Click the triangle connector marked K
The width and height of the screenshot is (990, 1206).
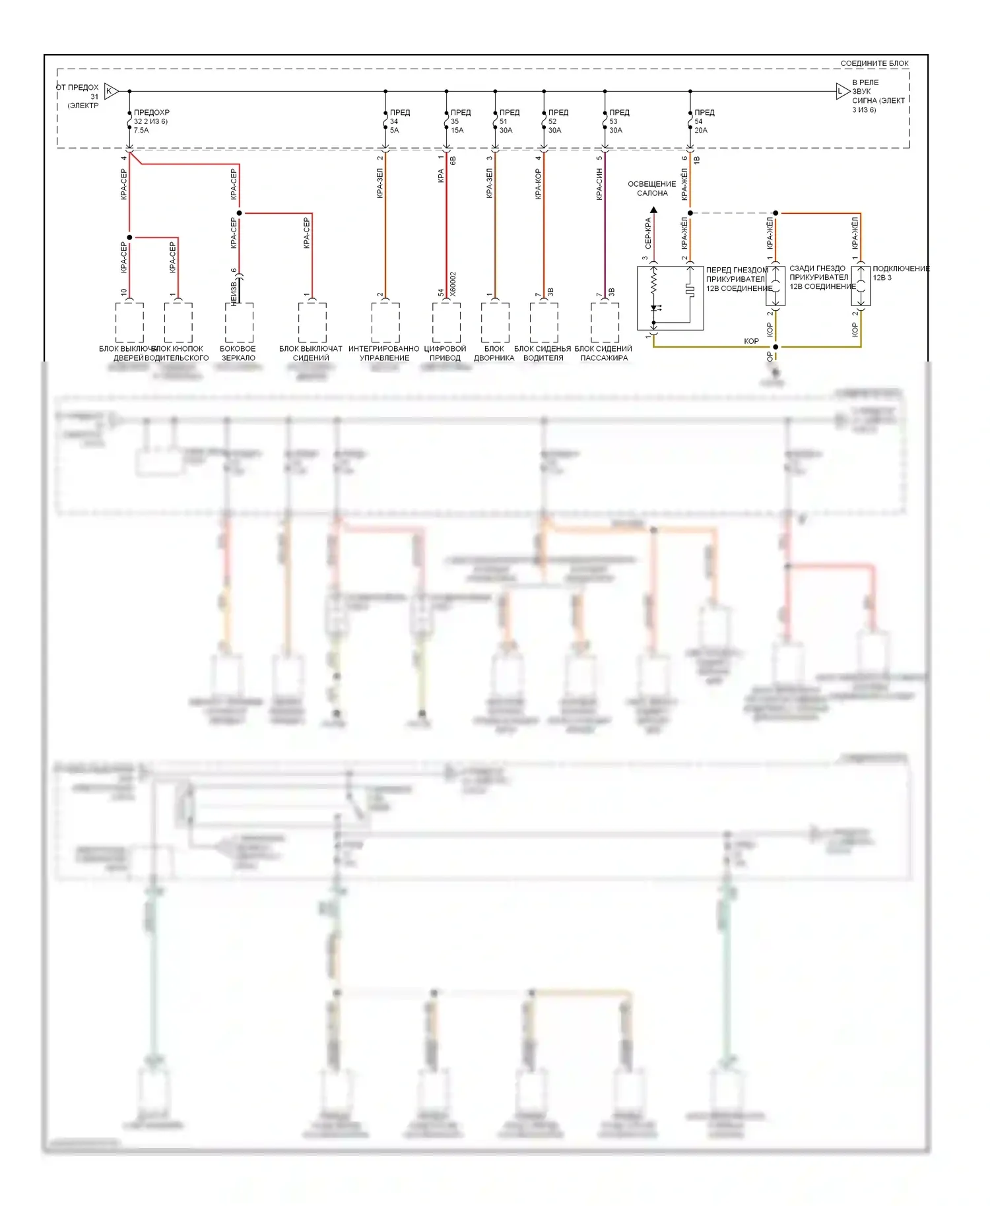[x=111, y=91]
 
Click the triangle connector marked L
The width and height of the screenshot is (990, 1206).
[x=841, y=91]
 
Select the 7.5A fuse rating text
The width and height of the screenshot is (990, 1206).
[x=141, y=131]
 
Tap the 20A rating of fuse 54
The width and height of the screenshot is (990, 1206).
[x=701, y=131]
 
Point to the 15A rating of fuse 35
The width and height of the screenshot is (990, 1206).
[x=457, y=131]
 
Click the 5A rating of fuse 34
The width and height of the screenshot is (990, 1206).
[x=394, y=131]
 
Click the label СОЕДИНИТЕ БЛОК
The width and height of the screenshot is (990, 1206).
[x=874, y=63]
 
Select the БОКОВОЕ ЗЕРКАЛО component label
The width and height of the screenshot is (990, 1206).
[x=238, y=354]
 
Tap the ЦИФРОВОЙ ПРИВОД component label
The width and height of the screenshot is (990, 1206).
[x=445, y=354]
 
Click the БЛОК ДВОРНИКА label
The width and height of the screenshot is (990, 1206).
[x=494, y=354]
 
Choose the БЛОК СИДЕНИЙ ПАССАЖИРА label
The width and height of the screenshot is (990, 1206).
[x=603, y=354]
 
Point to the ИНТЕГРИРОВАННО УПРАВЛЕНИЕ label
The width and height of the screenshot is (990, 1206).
[x=384, y=354]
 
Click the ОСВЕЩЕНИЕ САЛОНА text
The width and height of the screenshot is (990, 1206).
[x=652, y=189]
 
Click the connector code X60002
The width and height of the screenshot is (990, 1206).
[x=453, y=284]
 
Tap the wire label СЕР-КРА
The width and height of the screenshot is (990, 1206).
[x=648, y=233]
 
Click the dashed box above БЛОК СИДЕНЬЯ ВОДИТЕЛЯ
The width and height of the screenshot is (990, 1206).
[x=544, y=322]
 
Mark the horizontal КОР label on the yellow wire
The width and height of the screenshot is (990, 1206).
[x=751, y=341]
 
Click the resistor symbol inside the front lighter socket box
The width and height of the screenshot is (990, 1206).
[x=654, y=284]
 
